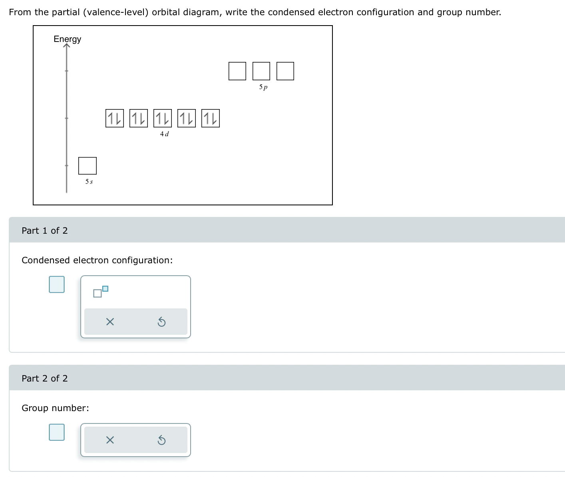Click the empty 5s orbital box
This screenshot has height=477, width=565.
click(x=88, y=166)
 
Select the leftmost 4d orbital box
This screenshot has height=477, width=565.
click(x=115, y=118)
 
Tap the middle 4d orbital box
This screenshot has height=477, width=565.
click(x=163, y=118)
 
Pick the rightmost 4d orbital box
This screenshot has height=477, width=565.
click(x=211, y=118)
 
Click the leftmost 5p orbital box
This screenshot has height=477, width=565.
click(x=237, y=71)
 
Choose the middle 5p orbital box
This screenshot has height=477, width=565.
click(x=261, y=71)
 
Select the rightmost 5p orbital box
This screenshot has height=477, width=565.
click(x=285, y=71)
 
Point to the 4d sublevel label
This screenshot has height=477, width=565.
click(x=164, y=134)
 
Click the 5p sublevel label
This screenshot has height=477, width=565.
click(x=263, y=87)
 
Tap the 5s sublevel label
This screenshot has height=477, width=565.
click(x=89, y=182)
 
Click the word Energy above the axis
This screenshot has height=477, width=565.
click(x=67, y=39)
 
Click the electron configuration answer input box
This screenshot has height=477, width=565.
click(x=57, y=284)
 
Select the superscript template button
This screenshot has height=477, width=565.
click(x=100, y=292)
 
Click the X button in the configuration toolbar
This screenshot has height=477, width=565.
click(x=110, y=322)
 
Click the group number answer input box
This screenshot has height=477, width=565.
click(x=57, y=432)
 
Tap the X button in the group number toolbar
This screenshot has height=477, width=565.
click(x=110, y=440)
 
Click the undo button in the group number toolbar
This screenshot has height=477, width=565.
click(x=161, y=440)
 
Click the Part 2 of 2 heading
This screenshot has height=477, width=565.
click(x=45, y=378)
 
